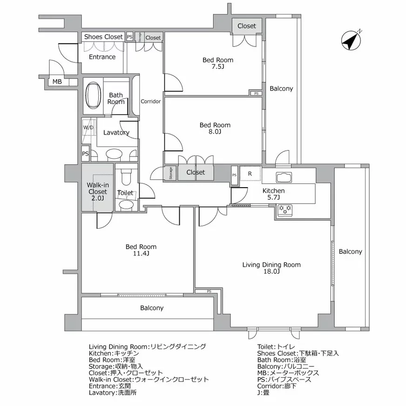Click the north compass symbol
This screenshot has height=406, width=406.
tap(351, 40)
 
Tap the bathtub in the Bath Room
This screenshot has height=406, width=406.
tap(93, 95)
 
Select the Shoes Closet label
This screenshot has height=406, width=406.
tap(103, 37)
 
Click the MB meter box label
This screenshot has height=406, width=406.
tap(57, 81)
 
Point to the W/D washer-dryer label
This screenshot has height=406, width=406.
tap(88, 128)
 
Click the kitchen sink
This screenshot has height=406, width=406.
tap(284, 177)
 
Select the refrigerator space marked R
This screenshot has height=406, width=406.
tap(250, 174)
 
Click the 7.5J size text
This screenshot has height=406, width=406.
tap(218, 67)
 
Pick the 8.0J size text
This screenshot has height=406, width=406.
tap(215, 132)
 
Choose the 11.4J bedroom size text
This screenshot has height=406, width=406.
tap(141, 253)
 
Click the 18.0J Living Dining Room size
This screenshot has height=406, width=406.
tap(271, 271)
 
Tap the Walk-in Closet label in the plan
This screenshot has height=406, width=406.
tap(98, 188)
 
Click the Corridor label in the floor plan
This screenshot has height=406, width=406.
tap(151, 101)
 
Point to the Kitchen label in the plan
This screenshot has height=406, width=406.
tap(273, 190)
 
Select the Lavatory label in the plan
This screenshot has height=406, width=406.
tap(116, 133)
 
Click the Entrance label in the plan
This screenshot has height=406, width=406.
tap(102, 57)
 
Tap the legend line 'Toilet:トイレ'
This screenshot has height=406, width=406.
tap(276, 346)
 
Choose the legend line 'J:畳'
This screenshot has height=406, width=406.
tap(264, 392)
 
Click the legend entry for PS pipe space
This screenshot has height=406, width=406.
tap(284, 379)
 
